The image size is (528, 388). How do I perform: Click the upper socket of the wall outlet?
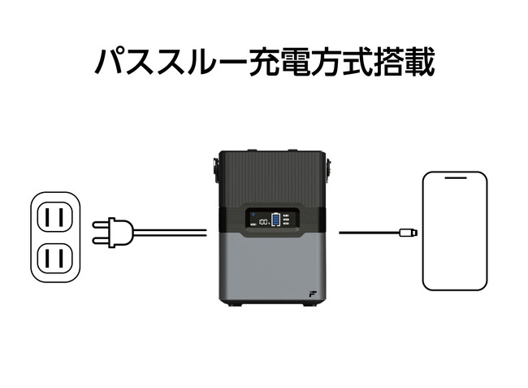pyautogui.click(x=55, y=217)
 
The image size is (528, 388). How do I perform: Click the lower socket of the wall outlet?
pyautogui.click(x=55, y=259)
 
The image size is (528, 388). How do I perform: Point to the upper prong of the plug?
pyautogui.click(x=98, y=225)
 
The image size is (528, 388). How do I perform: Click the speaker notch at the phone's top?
pyautogui.click(x=454, y=178)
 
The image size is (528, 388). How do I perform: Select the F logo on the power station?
pyautogui.click(x=312, y=292)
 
